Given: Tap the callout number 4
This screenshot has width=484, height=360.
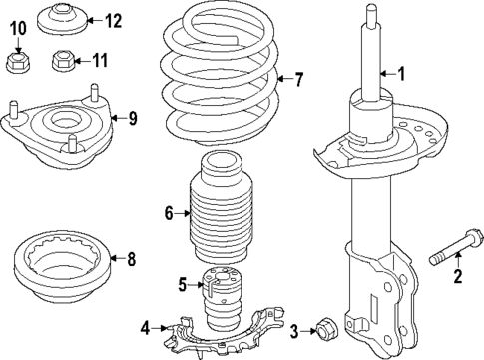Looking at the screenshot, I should (145, 327).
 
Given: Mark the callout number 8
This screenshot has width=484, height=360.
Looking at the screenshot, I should (131, 260).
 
